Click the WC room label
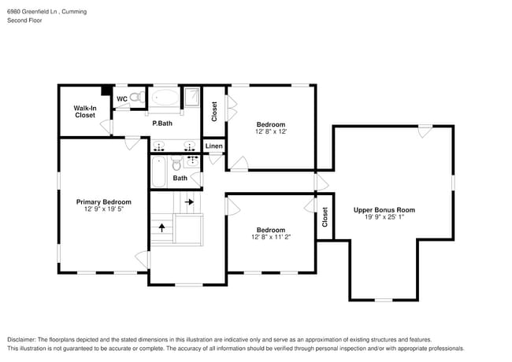122,99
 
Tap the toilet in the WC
137,97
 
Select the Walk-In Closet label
85,112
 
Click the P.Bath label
162,124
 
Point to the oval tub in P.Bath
165,98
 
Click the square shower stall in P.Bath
191,97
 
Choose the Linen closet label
214,146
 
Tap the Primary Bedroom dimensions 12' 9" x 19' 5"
104,209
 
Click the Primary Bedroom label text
104,202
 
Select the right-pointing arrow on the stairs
189,202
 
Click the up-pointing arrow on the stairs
162,227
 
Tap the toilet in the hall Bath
176,164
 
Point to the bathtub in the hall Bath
158,172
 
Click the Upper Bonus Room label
384,210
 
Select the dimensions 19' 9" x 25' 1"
384,217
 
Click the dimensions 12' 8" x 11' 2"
271,237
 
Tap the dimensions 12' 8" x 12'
271,131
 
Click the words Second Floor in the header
25,20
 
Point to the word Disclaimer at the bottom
22,339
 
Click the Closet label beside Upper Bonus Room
325,217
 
